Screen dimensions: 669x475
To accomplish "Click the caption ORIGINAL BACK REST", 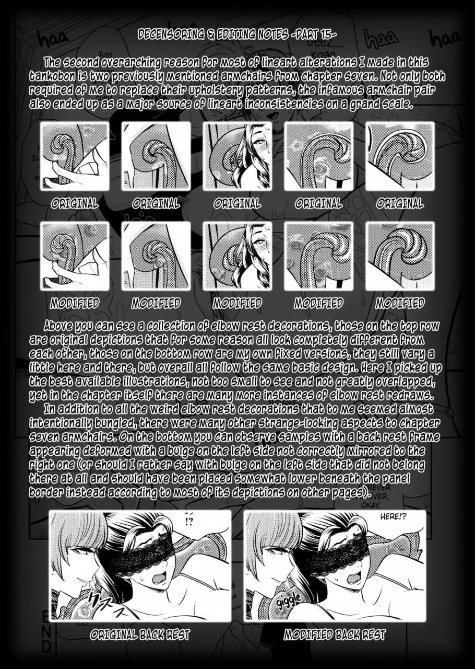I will (x=140, y=636).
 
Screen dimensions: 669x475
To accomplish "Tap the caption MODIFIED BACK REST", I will (x=335, y=636).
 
